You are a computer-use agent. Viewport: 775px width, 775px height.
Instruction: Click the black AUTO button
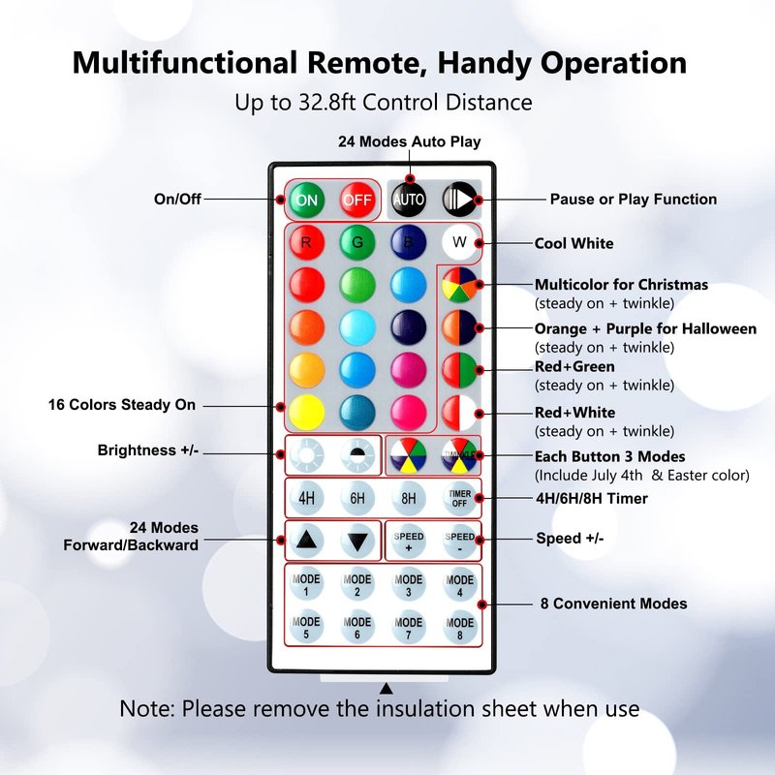tap(409, 200)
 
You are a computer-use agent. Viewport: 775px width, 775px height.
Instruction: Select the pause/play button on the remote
tap(460, 200)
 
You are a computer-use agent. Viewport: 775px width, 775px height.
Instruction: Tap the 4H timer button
tap(306, 499)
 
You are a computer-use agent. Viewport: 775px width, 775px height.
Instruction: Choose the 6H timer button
tap(357, 499)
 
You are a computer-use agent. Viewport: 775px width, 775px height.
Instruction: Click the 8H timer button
tap(409, 499)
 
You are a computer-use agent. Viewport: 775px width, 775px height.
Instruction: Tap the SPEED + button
tap(409, 542)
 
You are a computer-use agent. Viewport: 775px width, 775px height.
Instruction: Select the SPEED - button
tap(460, 542)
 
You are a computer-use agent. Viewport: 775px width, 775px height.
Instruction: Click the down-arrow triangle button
tap(357, 542)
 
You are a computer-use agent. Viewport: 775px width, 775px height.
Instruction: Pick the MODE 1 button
tap(306, 585)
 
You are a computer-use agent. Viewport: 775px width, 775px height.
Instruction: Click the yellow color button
tap(306, 411)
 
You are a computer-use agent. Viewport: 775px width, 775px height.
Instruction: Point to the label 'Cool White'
tap(573, 243)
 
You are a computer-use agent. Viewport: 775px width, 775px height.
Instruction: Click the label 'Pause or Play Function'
tap(634, 200)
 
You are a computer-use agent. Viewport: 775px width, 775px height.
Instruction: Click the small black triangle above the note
tap(386, 689)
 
